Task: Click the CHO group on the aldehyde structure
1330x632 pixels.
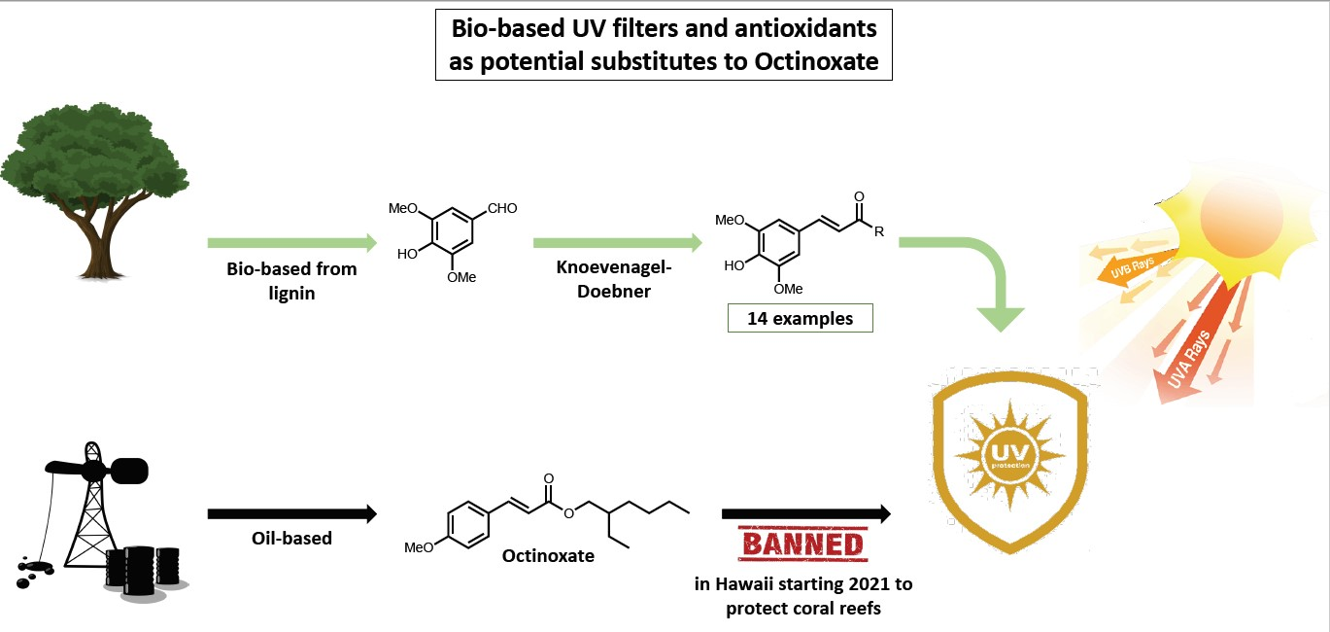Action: (x=502, y=208)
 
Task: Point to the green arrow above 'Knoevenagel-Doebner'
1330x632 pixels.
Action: (x=617, y=241)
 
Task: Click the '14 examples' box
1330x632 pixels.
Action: (x=801, y=318)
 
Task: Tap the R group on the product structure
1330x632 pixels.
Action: (x=880, y=231)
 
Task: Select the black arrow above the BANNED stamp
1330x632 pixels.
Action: (x=805, y=512)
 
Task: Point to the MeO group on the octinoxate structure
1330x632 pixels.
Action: (x=420, y=547)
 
